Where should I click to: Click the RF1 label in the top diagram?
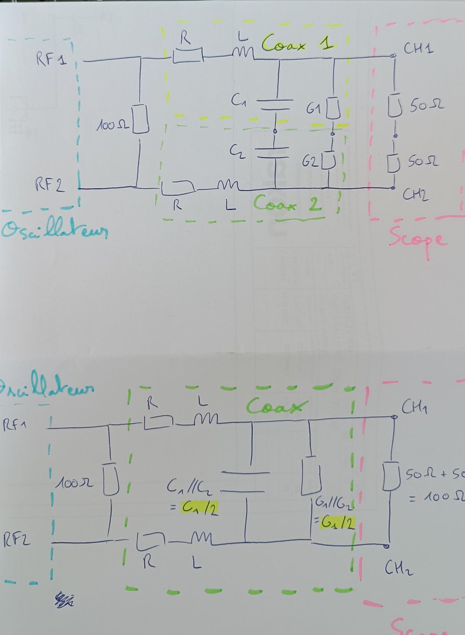click(51, 59)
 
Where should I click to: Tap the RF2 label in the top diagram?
click(50, 184)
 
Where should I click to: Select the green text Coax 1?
click(297, 43)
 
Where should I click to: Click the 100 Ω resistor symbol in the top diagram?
click(140, 119)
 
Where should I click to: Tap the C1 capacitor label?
click(238, 100)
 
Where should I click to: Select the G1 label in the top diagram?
click(314, 109)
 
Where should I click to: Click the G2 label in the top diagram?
click(310, 162)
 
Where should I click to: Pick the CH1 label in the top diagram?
click(418, 49)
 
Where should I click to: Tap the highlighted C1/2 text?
click(200, 508)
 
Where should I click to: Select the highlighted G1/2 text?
click(338, 523)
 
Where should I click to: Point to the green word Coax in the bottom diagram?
click(277, 406)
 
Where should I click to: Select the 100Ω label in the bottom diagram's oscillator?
click(75, 482)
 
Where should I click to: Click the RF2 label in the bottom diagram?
click(17, 539)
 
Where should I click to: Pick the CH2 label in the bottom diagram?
click(399, 568)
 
